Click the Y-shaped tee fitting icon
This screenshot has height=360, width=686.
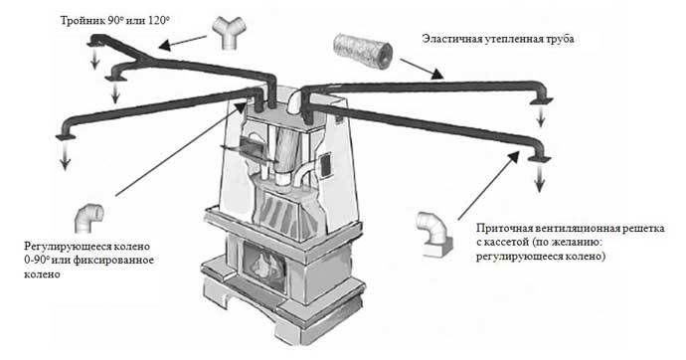pos(229,34)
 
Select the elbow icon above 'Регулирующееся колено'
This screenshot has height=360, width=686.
pos(88,219)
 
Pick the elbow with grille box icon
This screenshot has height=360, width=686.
pos(434,235)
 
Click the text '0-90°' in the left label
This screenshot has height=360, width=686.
pos(37,261)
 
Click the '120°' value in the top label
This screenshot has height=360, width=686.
pos(158,21)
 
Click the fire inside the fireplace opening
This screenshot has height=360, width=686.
pos(262,263)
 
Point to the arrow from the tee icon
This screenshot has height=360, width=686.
pos(183,42)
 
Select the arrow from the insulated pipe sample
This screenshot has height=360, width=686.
pos(422,69)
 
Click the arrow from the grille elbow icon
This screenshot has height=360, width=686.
pos(489,185)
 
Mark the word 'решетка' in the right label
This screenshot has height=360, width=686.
pos(644,229)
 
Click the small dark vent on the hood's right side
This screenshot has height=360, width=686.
pos(326,166)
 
